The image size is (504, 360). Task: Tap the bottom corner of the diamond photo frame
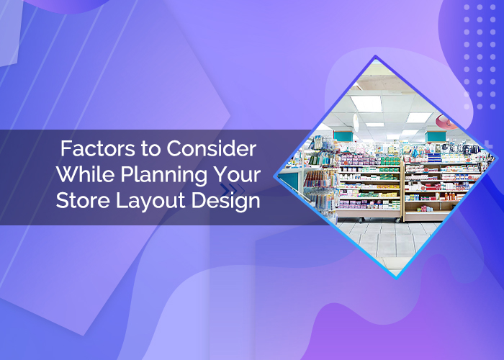(395, 277)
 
